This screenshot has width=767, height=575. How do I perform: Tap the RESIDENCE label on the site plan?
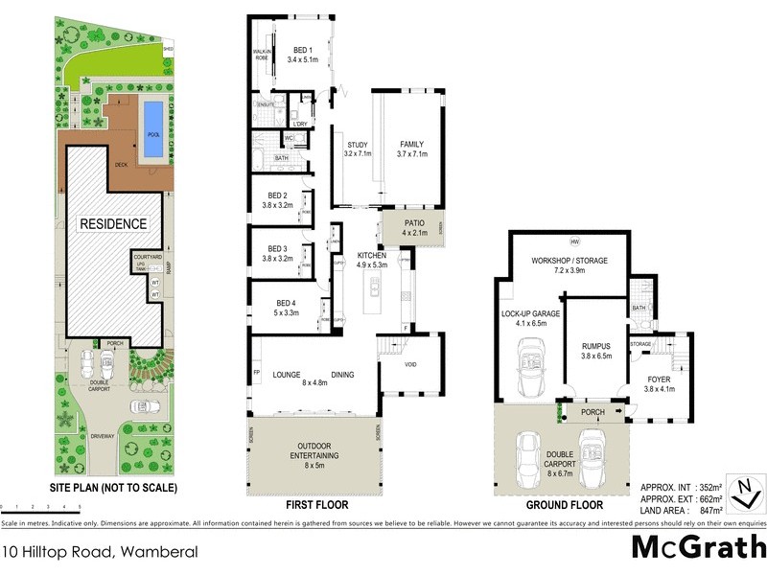point(113,224)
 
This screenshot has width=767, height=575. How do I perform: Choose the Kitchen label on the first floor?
point(370,256)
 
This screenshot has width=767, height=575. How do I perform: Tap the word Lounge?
point(288,375)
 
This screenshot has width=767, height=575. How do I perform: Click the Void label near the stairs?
point(411,364)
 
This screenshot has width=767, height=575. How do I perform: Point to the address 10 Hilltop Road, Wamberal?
point(100,552)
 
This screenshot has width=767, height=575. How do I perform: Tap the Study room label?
point(357,146)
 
